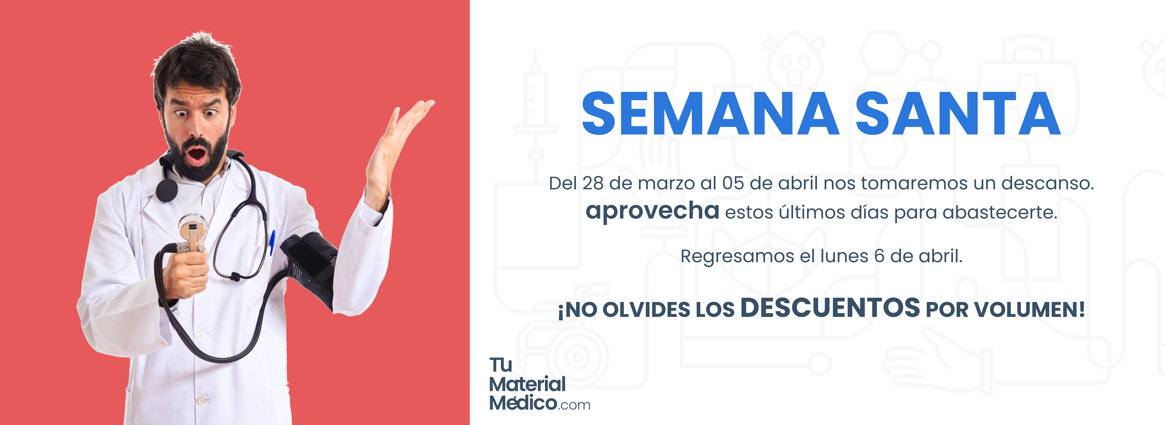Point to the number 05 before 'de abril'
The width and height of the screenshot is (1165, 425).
click(733, 183)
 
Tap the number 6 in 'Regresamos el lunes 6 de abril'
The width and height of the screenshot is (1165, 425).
click(879, 256)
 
